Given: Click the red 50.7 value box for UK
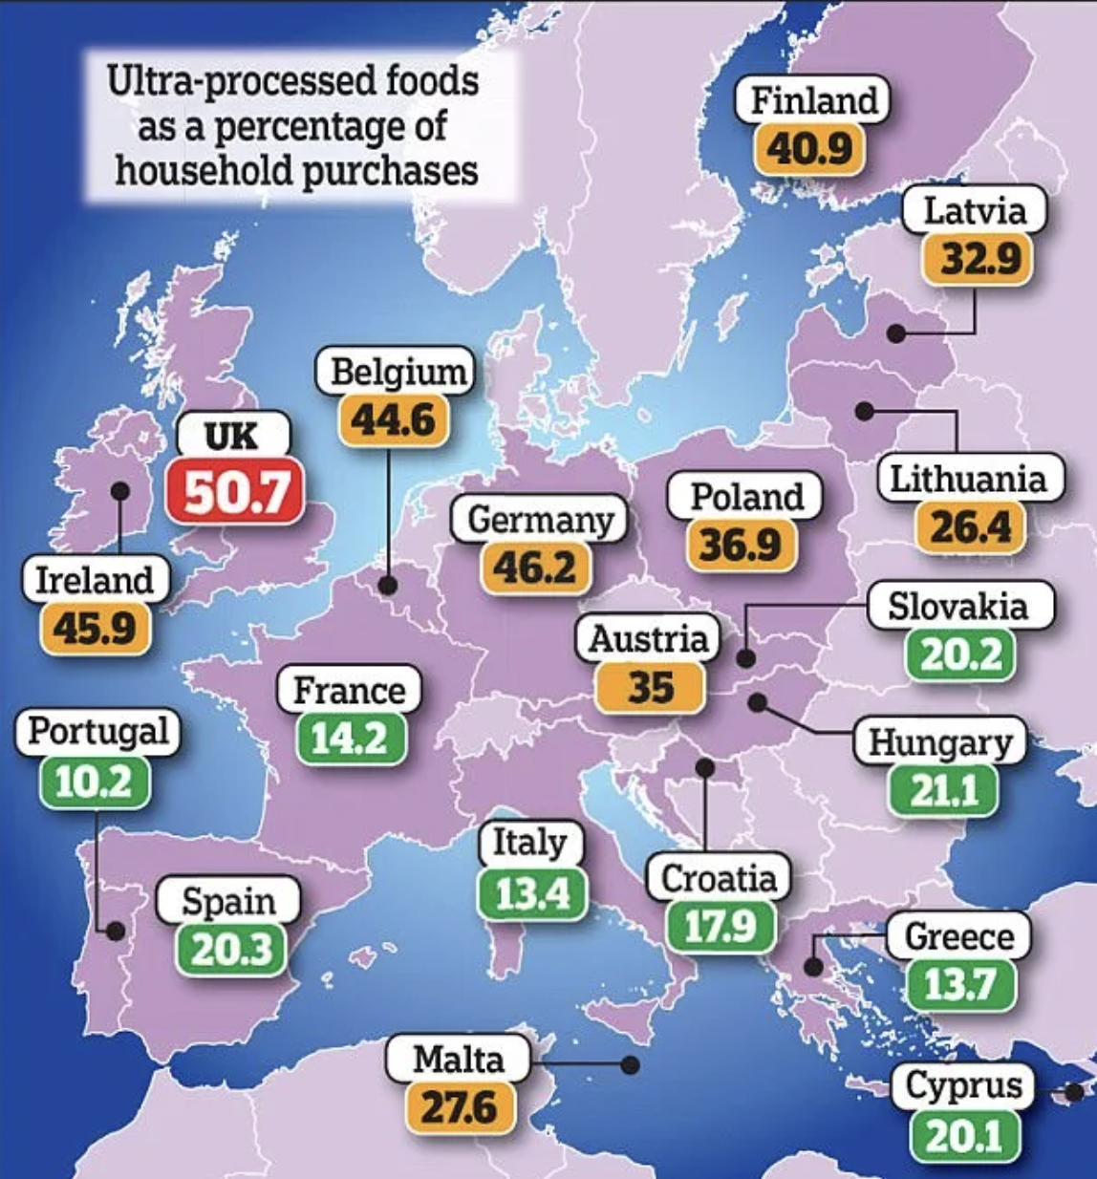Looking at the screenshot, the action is point(235,491).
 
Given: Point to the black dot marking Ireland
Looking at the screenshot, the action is point(120,490).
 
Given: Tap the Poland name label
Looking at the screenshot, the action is point(746,496).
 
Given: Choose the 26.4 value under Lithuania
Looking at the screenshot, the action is point(970,527).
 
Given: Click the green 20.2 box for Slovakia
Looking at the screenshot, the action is point(959,654).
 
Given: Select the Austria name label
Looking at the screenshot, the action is point(649,639).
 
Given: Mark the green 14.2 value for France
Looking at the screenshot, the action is point(349,739).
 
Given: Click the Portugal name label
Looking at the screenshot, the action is point(98,732).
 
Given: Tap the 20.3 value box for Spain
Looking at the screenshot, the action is point(231,950).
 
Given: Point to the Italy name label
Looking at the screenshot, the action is point(529,843).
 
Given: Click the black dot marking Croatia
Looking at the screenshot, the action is point(704,767).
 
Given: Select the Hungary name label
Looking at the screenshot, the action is point(940,742).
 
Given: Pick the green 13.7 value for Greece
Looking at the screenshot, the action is point(960,984).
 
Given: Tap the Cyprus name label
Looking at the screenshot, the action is point(963,1085).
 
